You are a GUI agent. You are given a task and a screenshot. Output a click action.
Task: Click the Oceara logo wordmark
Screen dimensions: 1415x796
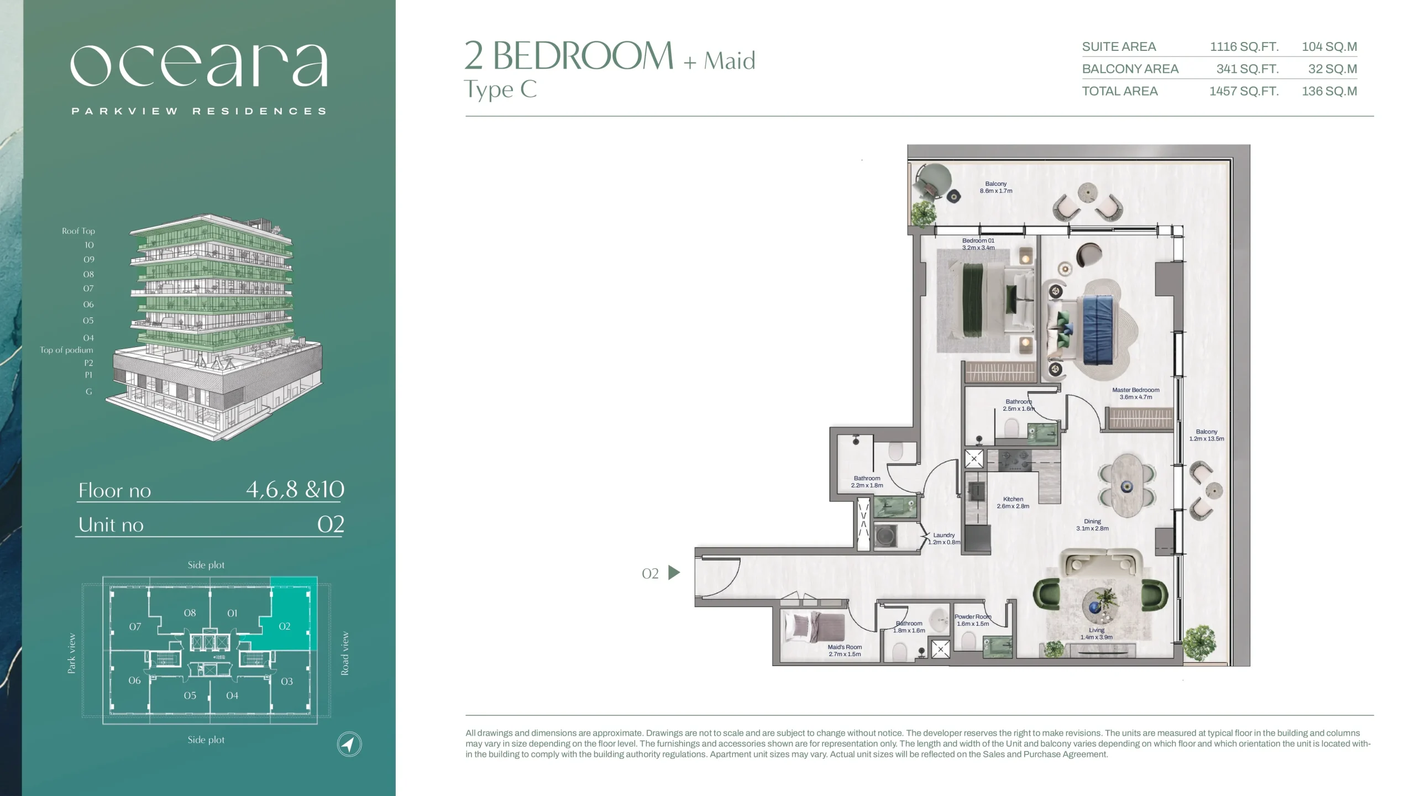(199, 65)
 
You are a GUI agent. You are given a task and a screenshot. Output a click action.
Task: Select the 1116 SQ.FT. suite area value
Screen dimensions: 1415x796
(1244, 46)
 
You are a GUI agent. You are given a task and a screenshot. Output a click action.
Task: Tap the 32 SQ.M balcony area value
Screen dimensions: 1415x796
(1332, 69)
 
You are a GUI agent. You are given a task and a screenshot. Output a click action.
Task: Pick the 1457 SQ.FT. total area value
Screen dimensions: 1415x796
(1244, 91)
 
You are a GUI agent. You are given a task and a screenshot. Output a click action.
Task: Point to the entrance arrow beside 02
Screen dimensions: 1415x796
(674, 573)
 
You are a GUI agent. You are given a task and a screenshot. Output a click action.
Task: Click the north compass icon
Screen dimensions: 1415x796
(349, 744)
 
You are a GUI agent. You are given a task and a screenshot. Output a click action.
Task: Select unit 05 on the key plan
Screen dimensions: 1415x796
(190, 695)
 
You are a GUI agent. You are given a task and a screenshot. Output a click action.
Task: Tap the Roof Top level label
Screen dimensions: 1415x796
(78, 231)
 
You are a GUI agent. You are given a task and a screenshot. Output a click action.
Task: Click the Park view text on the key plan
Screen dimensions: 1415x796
(72, 653)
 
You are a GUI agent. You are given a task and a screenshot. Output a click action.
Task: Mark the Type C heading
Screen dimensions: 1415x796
(500, 90)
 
